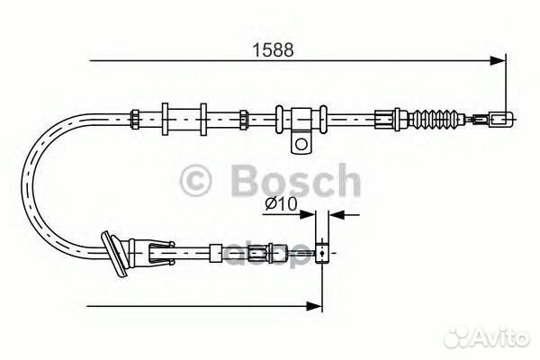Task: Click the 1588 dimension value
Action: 274,50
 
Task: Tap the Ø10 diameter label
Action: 281,204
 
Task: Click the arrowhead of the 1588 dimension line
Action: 498,60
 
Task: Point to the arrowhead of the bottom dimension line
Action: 314,306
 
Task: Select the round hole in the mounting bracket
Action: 301,143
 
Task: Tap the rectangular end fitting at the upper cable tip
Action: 501,119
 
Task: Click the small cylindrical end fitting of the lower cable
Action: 322,254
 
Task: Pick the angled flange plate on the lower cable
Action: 114,254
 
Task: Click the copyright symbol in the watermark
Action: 195,181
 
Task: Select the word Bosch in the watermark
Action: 296,180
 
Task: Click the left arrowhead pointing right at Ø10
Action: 307,215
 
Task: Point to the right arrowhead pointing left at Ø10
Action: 337,215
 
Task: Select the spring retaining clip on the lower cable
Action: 161,254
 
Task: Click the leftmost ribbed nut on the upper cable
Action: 134,119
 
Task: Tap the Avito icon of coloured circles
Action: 456,337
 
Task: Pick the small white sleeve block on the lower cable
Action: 216,254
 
